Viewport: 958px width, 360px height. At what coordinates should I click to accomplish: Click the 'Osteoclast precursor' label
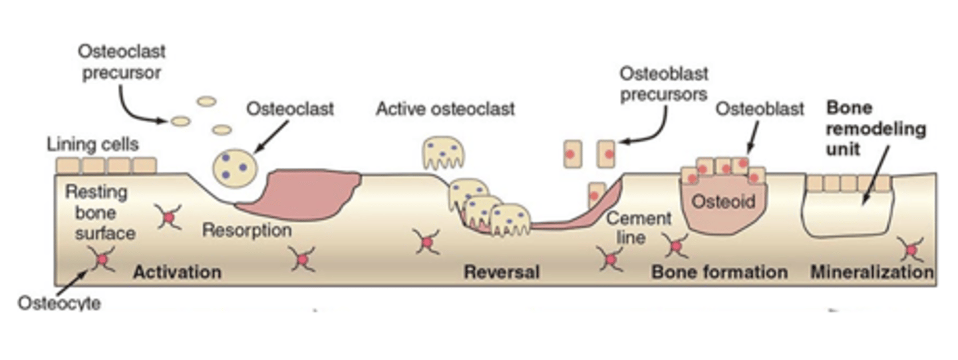pyautogui.click(x=121, y=61)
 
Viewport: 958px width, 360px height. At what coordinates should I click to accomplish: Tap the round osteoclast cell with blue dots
pyautogui.click(x=235, y=167)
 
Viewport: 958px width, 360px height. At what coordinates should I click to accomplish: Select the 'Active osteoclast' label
pyautogui.click(x=445, y=108)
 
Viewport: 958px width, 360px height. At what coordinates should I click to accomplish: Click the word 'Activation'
pyautogui.click(x=177, y=271)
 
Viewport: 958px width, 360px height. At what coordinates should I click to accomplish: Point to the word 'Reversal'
pyautogui.click(x=501, y=271)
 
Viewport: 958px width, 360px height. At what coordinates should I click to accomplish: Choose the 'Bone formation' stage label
pyautogui.click(x=719, y=271)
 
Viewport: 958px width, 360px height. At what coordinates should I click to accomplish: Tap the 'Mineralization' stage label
pyautogui.click(x=872, y=271)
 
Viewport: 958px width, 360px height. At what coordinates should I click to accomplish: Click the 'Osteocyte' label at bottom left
pyautogui.click(x=59, y=303)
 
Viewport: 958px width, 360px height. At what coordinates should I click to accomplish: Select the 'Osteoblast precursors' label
pyautogui.click(x=663, y=83)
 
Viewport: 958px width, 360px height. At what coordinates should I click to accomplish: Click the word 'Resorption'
pyautogui.click(x=247, y=230)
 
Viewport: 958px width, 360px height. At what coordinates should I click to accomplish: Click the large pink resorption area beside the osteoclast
pyautogui.click(x=306, y=192)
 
